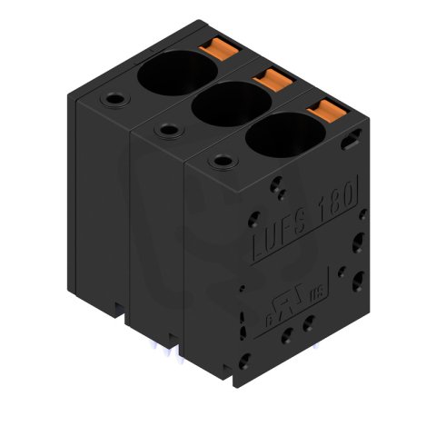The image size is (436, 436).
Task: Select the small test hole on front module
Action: (x=218, y=163)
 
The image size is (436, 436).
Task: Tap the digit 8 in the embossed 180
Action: (x=338, y=195)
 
